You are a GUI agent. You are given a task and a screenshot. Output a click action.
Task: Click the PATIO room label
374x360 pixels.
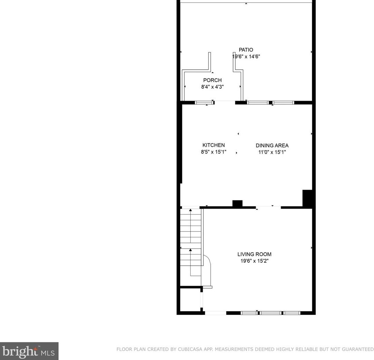pos(246,50)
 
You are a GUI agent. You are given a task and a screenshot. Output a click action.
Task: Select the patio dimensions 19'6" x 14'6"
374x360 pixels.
pos(246,57)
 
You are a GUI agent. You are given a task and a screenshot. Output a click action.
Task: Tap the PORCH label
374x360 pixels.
pos(212,80)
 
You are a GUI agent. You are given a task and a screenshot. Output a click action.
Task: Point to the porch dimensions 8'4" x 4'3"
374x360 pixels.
pos(212,87)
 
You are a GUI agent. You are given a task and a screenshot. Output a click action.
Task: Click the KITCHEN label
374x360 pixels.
pos(213,145)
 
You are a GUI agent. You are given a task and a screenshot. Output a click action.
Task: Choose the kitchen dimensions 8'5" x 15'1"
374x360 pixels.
pos(213,152)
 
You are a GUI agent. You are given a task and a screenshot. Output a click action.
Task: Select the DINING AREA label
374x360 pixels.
pos(272,146)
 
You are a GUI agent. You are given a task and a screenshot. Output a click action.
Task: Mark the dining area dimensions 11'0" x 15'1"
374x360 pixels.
pos(272,152)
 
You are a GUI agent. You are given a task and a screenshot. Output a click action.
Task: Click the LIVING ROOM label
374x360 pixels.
pos(254,254)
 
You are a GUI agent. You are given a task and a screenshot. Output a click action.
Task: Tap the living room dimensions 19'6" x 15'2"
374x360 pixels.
pos(254,261)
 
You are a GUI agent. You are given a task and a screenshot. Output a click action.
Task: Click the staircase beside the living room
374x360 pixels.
pos(191,241)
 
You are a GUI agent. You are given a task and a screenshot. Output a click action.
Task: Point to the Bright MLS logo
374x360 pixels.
pos(29,351)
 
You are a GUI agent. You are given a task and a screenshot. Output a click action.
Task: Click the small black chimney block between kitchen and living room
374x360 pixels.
pos(237,203)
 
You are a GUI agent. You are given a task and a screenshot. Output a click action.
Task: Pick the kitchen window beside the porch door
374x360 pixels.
pos(204,102)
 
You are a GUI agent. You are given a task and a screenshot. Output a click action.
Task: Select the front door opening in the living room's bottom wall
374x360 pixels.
pos(215,313)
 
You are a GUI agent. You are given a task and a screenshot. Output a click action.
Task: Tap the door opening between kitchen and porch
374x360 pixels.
pos(225,102)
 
